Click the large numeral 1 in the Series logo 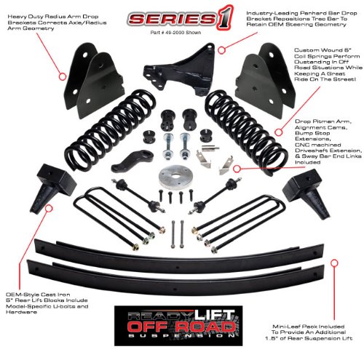pos(215,19)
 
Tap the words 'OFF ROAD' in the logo pos(178,327)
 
